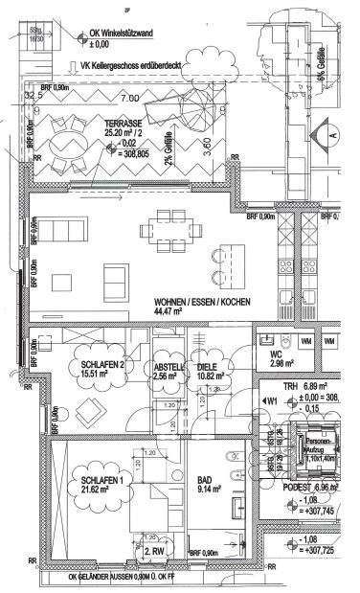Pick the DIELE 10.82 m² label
pos(211,372)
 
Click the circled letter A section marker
pos(332,135)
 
